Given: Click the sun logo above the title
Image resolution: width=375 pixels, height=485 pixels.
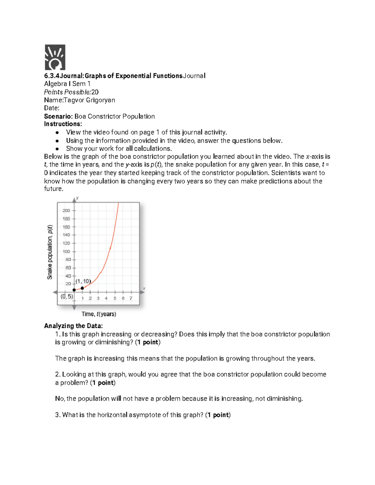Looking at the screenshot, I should coord(55,57).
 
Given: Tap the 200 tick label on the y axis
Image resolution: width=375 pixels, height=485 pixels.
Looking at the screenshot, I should coord(66,210).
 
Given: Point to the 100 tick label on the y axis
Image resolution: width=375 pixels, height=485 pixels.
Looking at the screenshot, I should coord(66,251).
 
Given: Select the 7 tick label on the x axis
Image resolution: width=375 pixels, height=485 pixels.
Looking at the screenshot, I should coord(131,298).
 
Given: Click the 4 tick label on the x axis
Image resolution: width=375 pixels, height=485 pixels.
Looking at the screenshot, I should coord(106,298).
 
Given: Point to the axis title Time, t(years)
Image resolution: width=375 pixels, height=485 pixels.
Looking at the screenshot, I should coord(99,314).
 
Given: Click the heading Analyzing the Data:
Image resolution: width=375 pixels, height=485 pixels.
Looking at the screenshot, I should coord(73,326).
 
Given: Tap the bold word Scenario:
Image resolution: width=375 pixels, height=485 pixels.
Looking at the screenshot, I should coord(58,116).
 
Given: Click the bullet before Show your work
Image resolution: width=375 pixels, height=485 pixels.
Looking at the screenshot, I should coord(57,149).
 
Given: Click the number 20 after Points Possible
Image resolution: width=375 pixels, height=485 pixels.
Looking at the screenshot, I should coord(95,92).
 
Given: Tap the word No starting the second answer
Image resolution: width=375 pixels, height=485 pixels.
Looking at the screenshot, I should coord(59,398).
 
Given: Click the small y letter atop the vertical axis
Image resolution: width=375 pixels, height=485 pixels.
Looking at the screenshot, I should coord(77,198).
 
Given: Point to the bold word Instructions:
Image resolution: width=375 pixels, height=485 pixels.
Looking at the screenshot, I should coord(63,124).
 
